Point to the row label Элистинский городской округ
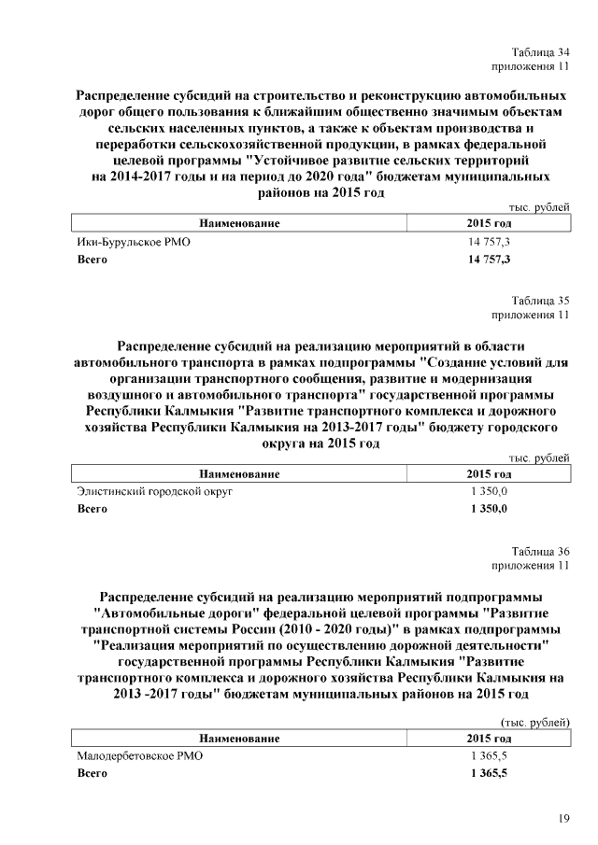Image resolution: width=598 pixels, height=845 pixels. pyautogui.click(x=154, y=490)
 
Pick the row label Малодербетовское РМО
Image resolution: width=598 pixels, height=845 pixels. pyautogui.click(x=139, y=755)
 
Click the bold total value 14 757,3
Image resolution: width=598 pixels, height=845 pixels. pyautogui.click(x=489, y=259)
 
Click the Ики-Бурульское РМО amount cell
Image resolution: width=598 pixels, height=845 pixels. pyautogui.click(x=489, y=242)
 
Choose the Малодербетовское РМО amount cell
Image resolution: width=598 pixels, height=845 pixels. pyautogui.click(x=489, y=755)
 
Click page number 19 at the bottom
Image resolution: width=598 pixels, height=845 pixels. pyautogui.click(x=563, y=819)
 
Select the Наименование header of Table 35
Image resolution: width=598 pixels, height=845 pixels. pyautogui.click(x=239, y=474)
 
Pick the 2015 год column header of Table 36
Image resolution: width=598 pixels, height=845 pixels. pyautogui.click(x=489, y=739)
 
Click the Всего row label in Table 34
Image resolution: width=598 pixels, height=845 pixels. pyautogui.click(x=92, y=259)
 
